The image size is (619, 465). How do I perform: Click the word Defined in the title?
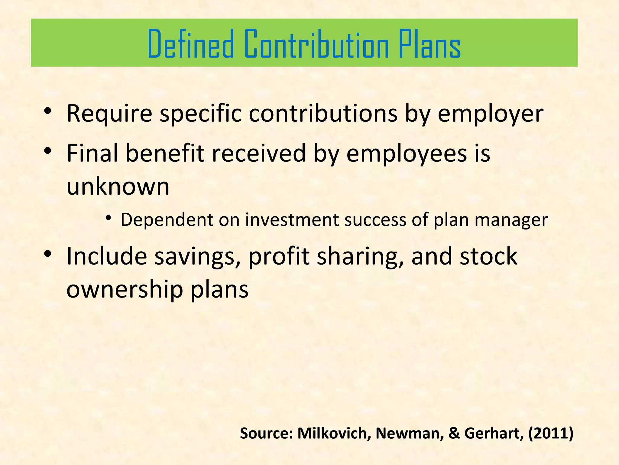191,44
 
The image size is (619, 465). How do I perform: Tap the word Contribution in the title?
316,44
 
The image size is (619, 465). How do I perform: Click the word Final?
92,153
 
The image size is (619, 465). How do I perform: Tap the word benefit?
165,153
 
